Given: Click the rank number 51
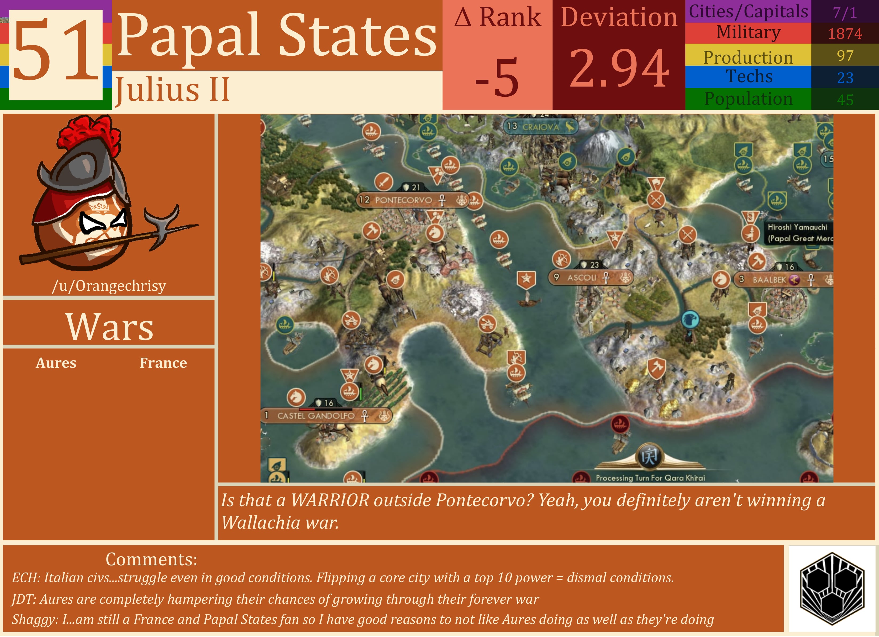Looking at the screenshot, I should [x=55, y=52].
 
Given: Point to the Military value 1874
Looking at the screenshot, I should [x=845, y=34].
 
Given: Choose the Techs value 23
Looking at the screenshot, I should [x=845, y=78].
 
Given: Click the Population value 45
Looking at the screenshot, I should [x=845, y=100].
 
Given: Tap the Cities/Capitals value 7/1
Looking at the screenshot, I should [x=845, y=13].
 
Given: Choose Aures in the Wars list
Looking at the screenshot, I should [x=56, y=363].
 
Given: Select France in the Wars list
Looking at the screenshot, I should [x=163, y=363].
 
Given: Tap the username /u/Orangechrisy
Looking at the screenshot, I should [x=109, y=286].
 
